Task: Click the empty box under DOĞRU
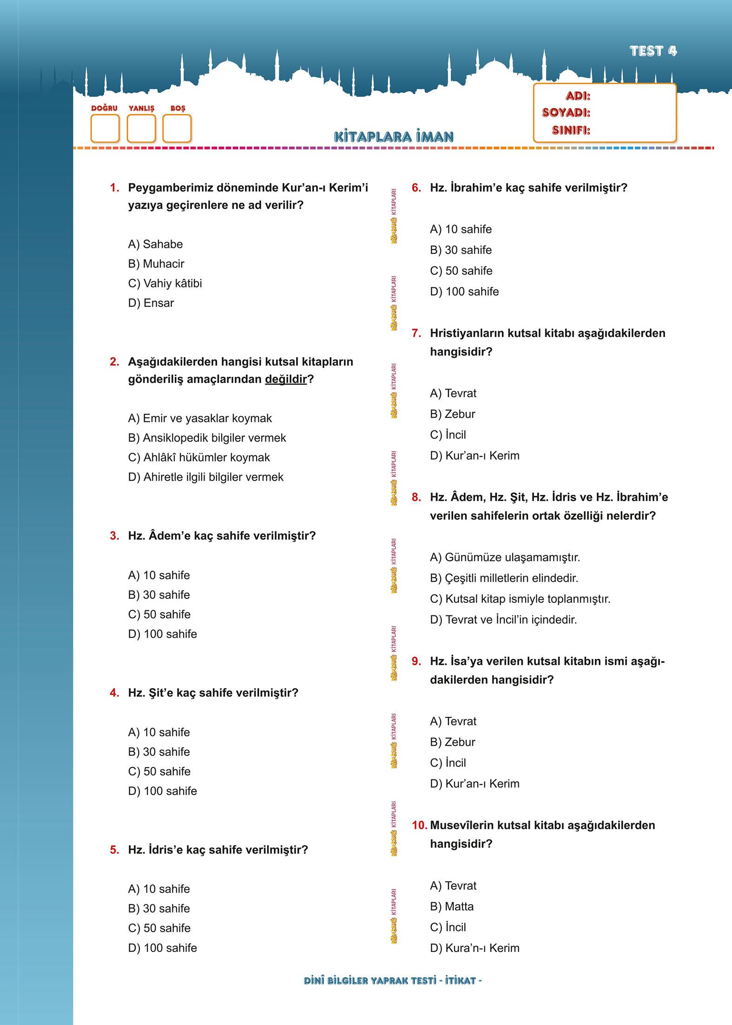(105, 128)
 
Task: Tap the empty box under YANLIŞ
(141, 128)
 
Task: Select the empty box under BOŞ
(177, 128)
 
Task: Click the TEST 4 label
(653, 51)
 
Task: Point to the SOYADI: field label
(566, 113)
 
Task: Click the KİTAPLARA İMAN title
(394, 137)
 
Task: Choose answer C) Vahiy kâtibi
(165, 283)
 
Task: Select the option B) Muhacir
(156, 264)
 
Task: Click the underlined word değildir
(286, 379)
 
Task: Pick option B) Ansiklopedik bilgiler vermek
(207, 438)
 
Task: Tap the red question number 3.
(114, 536)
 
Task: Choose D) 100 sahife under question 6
(464, 291)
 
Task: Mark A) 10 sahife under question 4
(159, 732)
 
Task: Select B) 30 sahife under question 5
(159, 908)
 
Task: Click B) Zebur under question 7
(452, 414)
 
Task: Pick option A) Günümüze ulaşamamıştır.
(505, 557)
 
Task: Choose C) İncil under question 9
(448, 763)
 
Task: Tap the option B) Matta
(451, 906)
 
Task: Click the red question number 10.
(419, 825)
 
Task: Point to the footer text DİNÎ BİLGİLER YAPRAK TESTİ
(369, 980)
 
